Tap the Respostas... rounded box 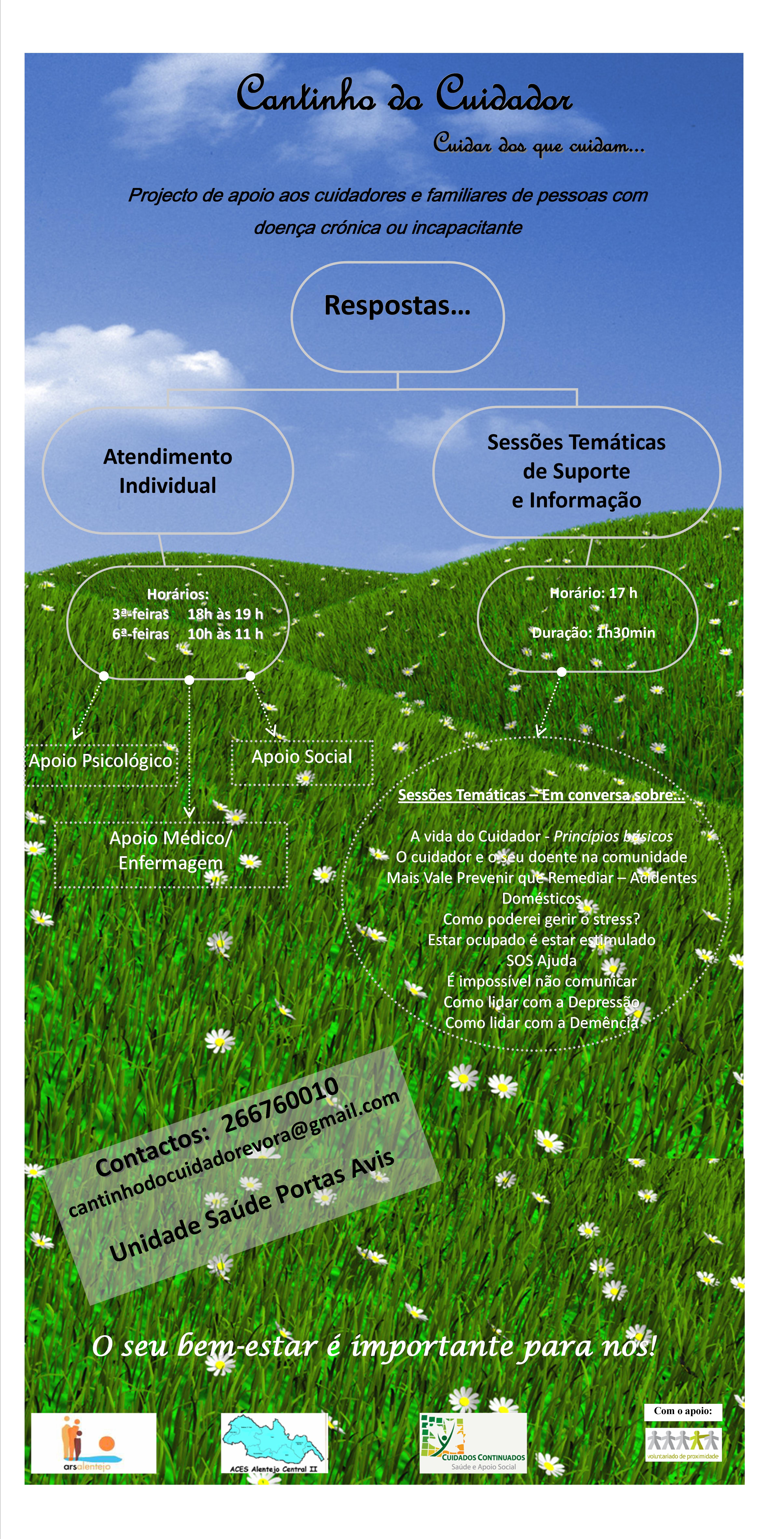pos(398,317)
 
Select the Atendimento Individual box pos(168,471)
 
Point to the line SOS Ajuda pos(542,961)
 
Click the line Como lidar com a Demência pos(542,1023)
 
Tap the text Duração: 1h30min pos(594,633)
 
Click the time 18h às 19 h pos(225,614)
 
